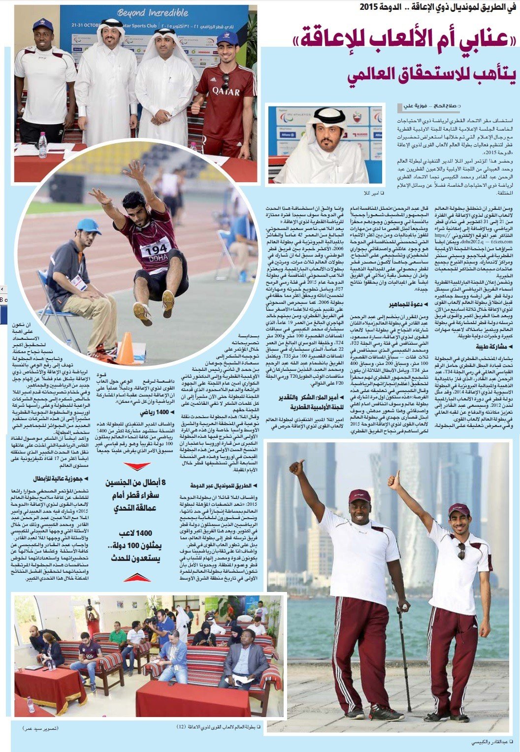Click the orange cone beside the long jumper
click(x=126, y=348)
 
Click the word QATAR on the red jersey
click(x=226, y=92)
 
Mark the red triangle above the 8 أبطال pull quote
click(x=137, y=465)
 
